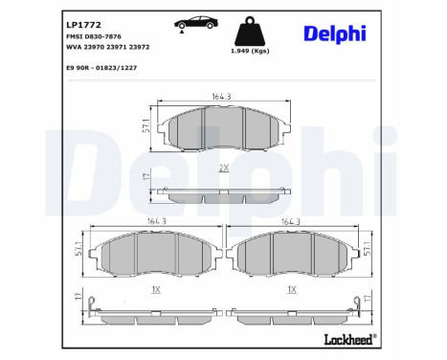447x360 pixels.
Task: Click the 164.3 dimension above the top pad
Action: tap(222, 94)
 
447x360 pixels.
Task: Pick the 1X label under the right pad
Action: tap(294, 288)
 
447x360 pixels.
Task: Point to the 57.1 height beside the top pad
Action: tap(145, 124)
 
